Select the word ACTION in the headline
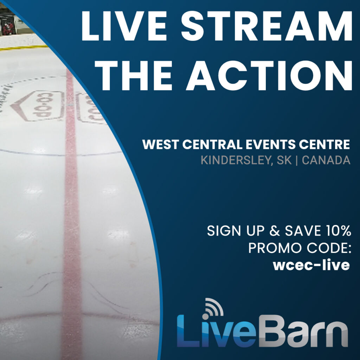coord(269,76)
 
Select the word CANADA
coord(326,160)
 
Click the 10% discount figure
coord(338,231)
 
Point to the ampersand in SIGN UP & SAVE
coord(275,231)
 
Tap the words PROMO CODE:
coord(300,248)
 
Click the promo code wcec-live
coord(311,265)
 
